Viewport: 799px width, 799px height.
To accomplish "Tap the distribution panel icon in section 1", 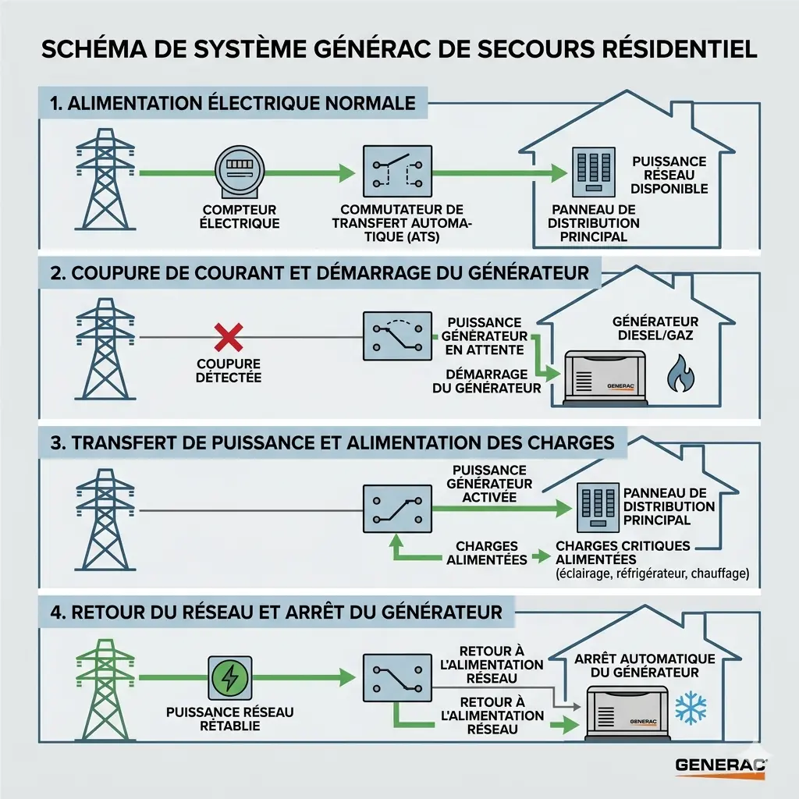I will (595, 172).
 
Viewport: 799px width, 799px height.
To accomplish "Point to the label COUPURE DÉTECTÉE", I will (228, 371).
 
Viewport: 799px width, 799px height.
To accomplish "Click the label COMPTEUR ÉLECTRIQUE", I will (240, 216).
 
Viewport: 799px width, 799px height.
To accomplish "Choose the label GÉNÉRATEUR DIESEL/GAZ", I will (655, 328).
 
